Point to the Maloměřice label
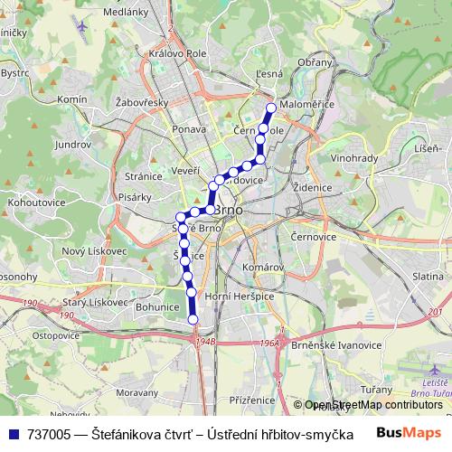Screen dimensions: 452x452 coord(307,105)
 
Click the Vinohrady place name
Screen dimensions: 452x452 coord(354,157)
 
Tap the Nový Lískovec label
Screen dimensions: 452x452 coord(95,250)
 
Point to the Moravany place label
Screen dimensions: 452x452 coord(137,393)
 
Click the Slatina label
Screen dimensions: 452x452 coord(428,275)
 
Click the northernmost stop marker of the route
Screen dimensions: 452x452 coord(269,109)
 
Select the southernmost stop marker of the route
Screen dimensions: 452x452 coord(193,318)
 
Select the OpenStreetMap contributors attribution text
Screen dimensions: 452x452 coord(373,405)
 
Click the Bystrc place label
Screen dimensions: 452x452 coord(14,72)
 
